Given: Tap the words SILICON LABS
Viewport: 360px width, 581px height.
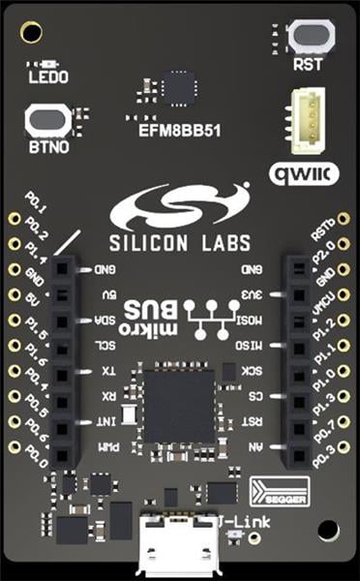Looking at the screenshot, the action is tap(180, 241).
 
